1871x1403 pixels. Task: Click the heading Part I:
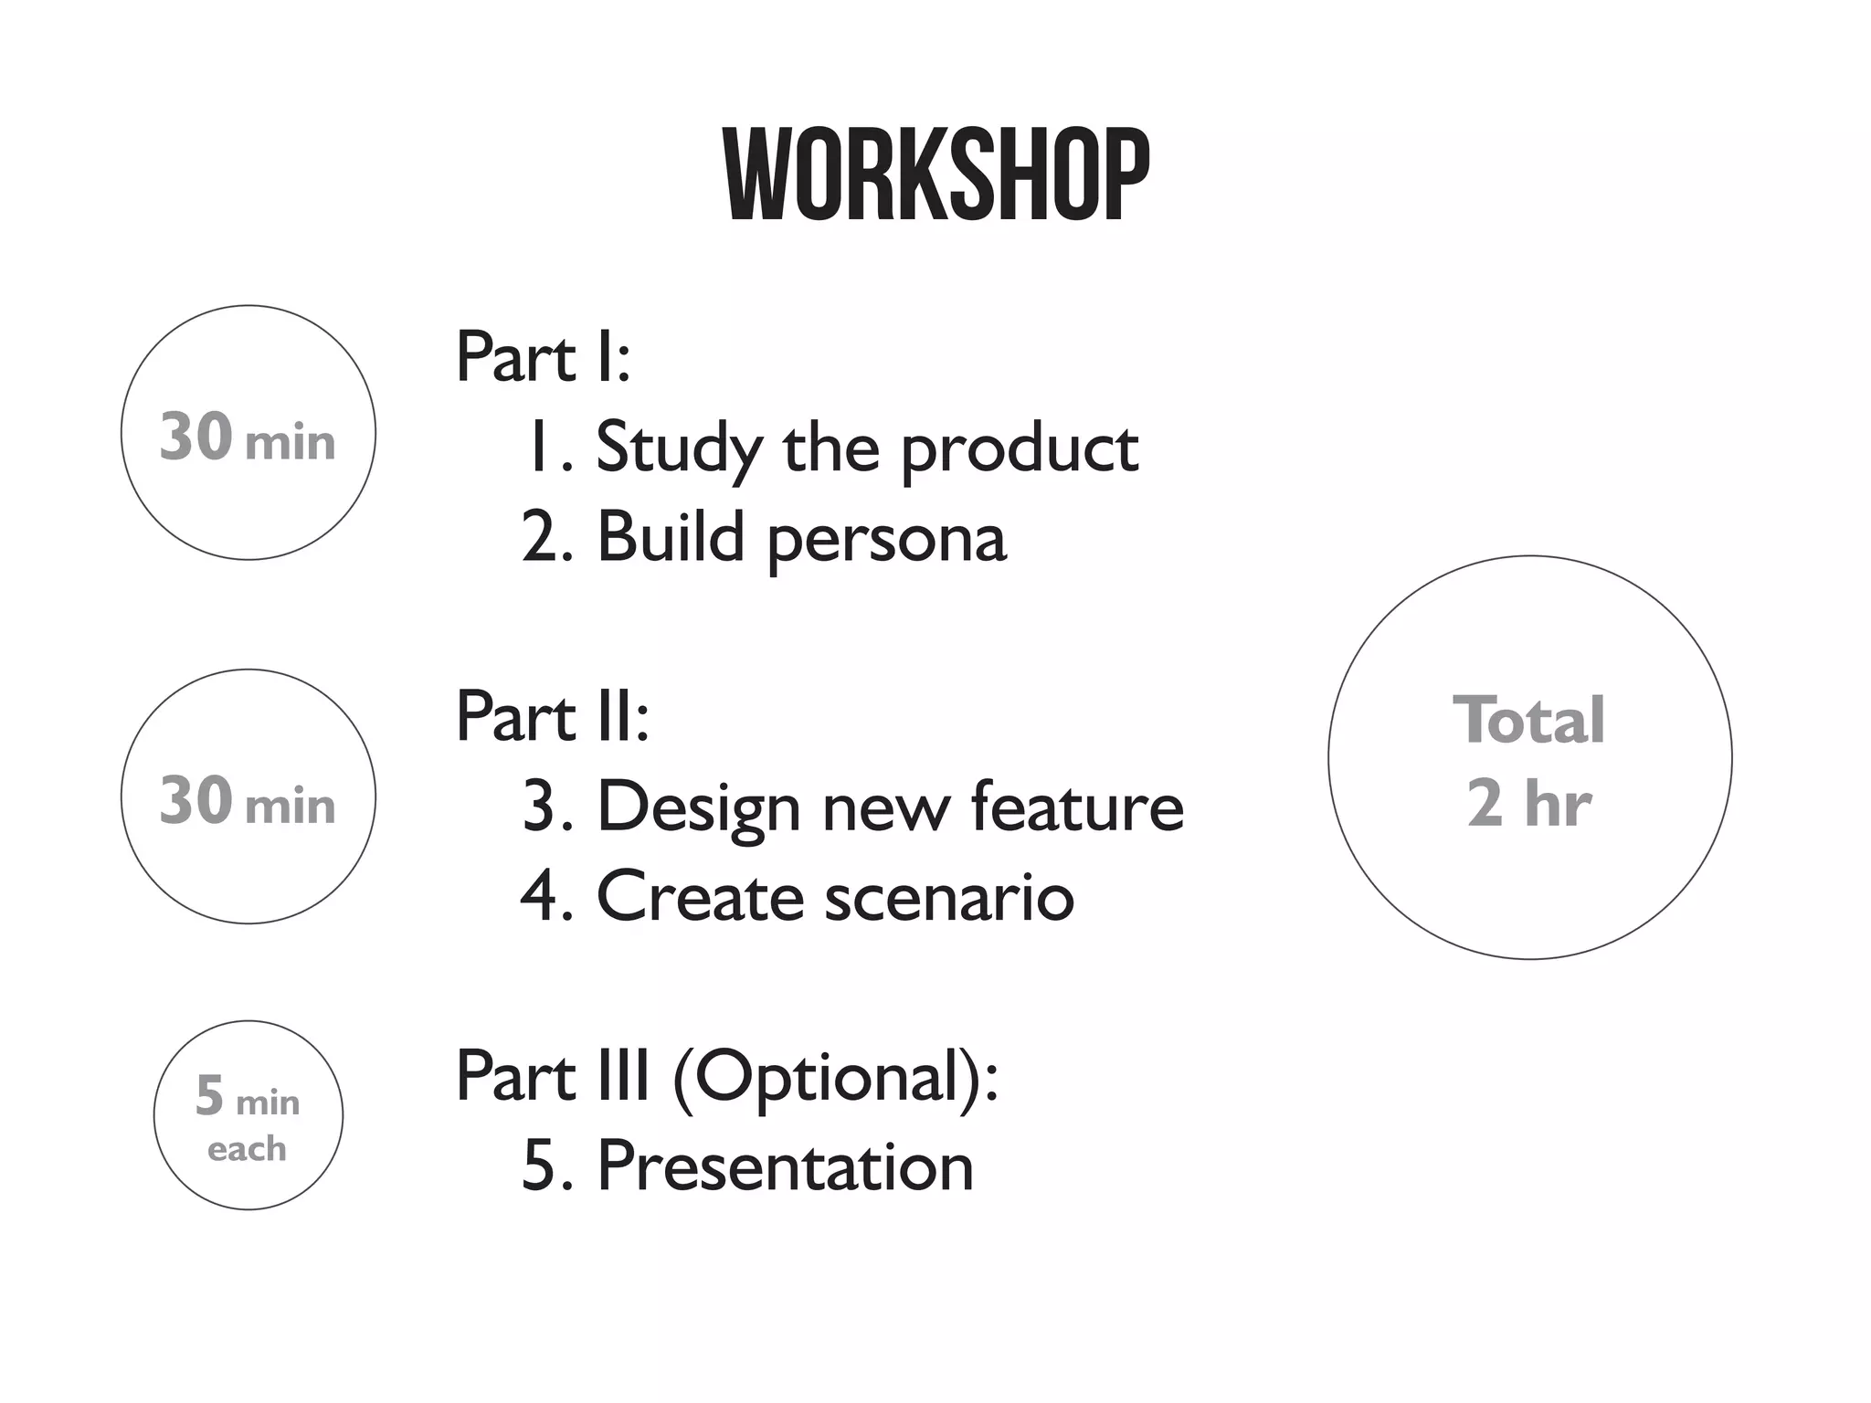pyautogui.click(x=543, y=357)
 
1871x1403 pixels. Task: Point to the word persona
pyautogui.click(x=886, y=538)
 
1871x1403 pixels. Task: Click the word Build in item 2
pyautogui.click(x=670, y=536)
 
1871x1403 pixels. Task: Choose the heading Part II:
pyautogui.click(x=552, y=717)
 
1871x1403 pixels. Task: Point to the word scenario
pyautogui.click(x=949, y=897)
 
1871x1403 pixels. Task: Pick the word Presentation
pyautogui.click(x=785, y=1166)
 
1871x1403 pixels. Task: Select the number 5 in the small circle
pyautogui.click(x=209, y=1095)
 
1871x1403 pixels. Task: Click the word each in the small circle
pyautogui.click(x=247, y=1148)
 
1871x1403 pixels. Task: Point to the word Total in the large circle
pyautogui.click(x=1528, y=721)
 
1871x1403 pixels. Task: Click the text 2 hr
pyautogui.click(x=1528, y=803)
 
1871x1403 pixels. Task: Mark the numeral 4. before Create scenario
pyautogui.click(x=544, y=896)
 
